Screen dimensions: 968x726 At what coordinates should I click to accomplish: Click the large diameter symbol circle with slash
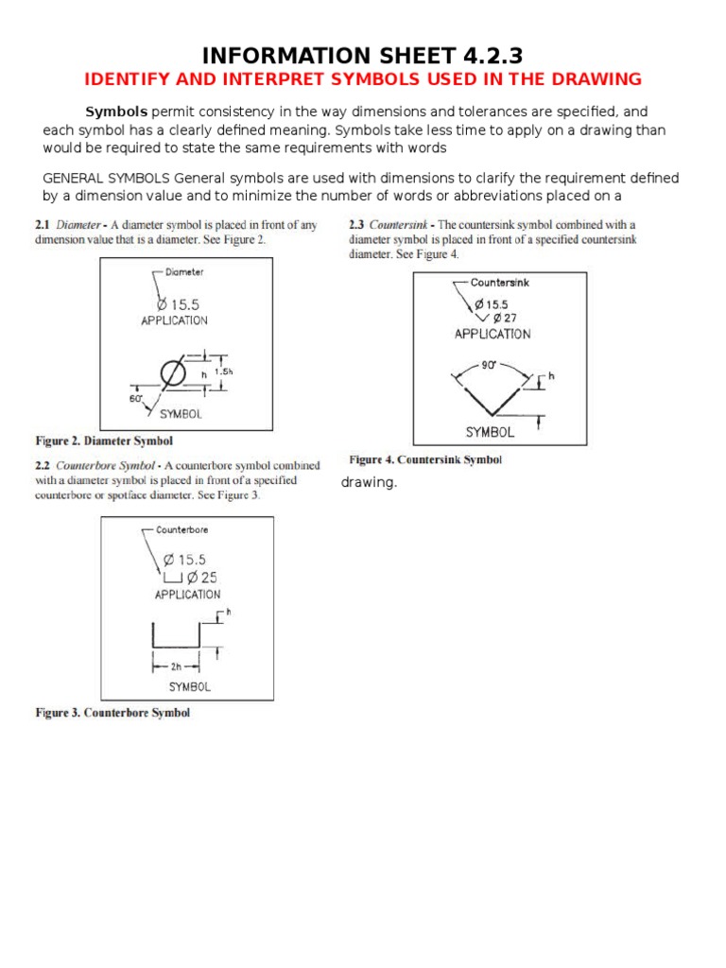point(173,375)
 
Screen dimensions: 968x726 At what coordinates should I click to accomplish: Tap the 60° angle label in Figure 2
point(135,399)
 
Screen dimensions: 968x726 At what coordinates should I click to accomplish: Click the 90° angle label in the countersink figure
point(490,364)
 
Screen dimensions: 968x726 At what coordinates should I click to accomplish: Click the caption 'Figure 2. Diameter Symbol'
point(104,441)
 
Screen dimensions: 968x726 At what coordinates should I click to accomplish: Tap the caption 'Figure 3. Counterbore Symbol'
point(112,713)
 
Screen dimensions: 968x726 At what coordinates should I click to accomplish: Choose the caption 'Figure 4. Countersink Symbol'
point(425,460)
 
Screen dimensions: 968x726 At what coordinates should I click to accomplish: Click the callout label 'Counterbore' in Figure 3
point(182,530)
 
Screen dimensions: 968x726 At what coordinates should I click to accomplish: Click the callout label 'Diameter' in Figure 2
point(184,272)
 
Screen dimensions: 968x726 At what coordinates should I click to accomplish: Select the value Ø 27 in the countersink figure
point(502,318)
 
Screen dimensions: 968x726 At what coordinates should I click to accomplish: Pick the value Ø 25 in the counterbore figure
point(202,578)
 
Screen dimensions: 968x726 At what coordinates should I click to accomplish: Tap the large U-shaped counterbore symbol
point(174,636)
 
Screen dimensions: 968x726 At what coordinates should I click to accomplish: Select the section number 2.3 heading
point(356,226)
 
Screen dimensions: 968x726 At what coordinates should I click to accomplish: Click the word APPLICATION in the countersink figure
point(492,334)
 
